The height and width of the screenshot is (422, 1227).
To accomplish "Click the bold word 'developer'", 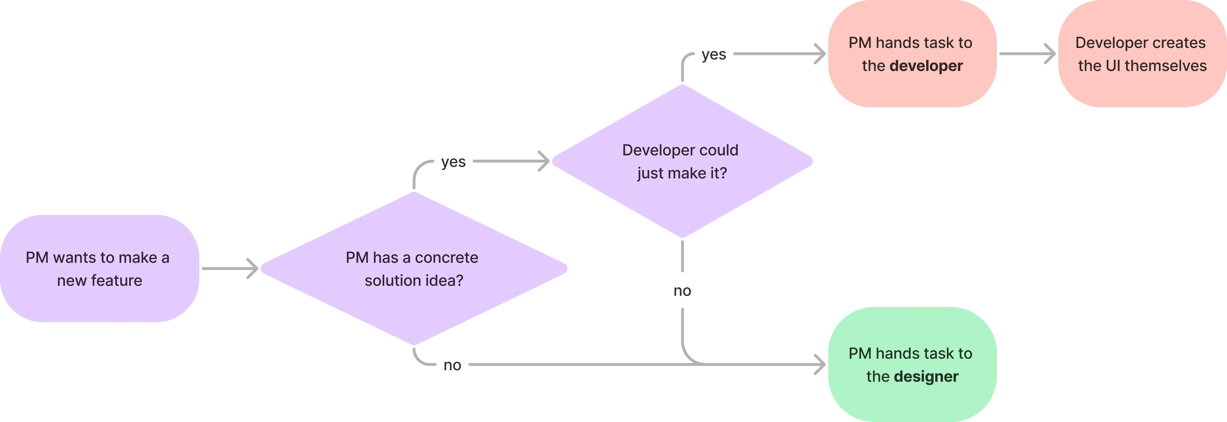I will tap(926, 66).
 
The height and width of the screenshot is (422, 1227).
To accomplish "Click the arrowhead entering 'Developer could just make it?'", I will tap(545, 161).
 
